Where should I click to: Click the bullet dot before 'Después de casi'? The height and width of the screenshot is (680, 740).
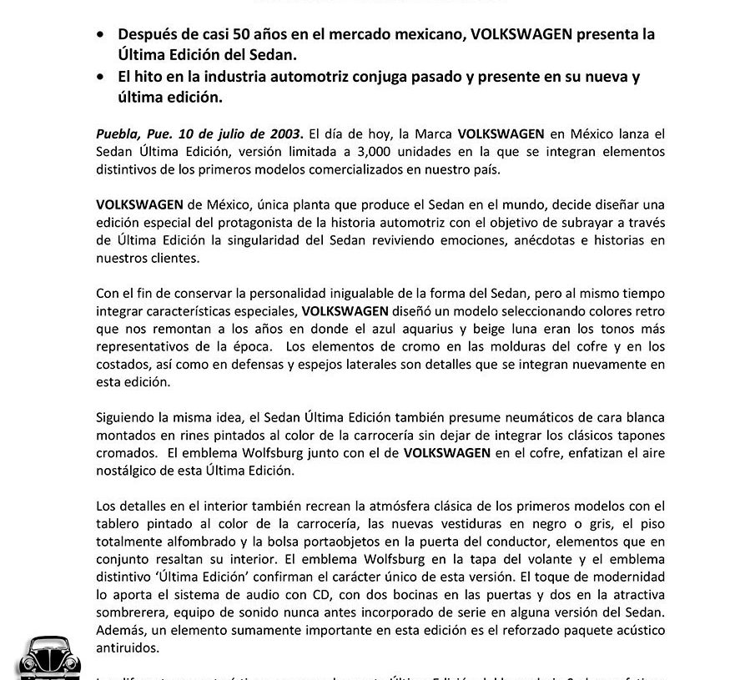[x=101, y=35]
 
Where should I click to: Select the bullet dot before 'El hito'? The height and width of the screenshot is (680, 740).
[x=101, y=78]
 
